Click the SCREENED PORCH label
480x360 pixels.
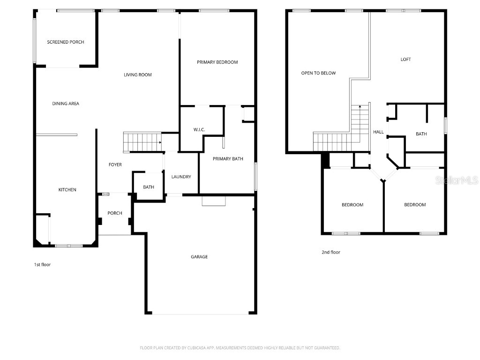tap(66, 42)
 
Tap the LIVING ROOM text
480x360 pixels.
tap(138, 75)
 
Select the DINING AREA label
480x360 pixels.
tap(66, 104)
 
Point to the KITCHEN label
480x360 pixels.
tap(67, 190)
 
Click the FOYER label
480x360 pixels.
tap(115, 165)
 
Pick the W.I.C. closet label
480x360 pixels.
tap(199, 130)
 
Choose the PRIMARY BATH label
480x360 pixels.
tap(228, 159)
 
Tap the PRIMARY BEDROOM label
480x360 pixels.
tap(217, 62)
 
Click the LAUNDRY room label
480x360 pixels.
tap(181, 177)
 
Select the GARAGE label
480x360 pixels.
tap(199, 257)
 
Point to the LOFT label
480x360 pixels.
tap(405, 60)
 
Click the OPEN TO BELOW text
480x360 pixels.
tap(318, 73)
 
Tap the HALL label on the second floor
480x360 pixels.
tap(378, 132)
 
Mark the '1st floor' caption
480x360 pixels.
tap(42, 265)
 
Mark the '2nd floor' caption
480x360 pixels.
tap(331, 253)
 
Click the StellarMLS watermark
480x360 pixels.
tap(457, 180)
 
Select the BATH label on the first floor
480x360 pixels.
tap(149, 187)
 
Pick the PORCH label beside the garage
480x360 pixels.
tap(115, 213)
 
